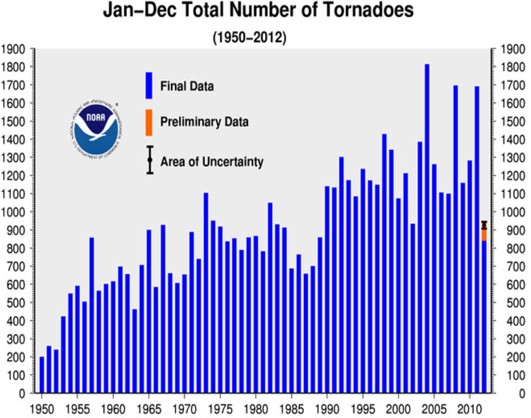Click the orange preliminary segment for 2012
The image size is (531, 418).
pyautogui.click(x=484, y=235)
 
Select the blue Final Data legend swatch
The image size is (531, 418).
pyautogui.click(x=149, y=86)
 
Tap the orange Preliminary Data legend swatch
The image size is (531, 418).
pyautogui.click(x=149, y=122)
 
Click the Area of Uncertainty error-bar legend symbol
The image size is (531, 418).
pyautogui.click(x=150, y=160)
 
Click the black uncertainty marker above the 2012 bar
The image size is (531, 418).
pyautogui.click(x=484, y=225)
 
